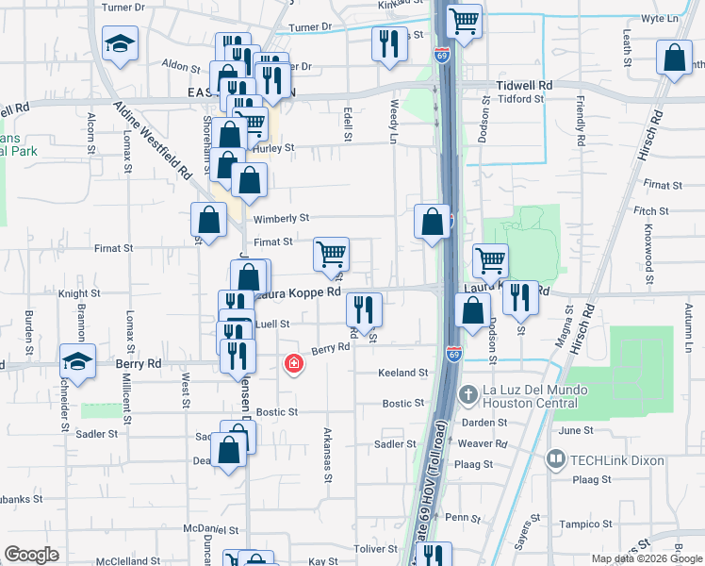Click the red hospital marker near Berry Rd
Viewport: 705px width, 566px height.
pyautogui.click(x=294, y=363)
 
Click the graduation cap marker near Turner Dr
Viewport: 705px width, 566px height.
pyautogui.click(x=120, y=45)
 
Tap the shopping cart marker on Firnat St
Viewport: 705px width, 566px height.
pyautogui.click(x=331, y=254)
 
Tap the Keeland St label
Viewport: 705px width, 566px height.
pyautogui.click(x=403, y=374)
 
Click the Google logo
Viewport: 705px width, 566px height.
pyautogui.click(x=32, y=555)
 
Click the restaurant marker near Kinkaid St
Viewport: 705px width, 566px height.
pyautogui.click(x=388, y=42)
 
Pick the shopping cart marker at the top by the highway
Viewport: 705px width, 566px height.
pyautogui.click(x=463, y=22)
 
